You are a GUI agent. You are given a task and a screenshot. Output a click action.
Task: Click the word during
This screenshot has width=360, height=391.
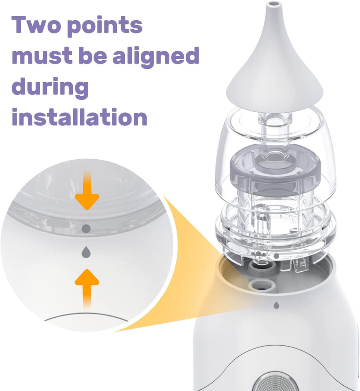50,86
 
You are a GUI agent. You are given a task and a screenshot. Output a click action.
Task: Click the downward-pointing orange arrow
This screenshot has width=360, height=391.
87,191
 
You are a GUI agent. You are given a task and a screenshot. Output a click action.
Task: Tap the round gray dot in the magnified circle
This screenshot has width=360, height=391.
86,229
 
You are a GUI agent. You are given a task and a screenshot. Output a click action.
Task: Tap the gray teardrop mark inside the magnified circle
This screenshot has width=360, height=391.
86,252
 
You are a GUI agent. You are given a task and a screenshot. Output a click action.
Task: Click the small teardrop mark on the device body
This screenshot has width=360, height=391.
277,304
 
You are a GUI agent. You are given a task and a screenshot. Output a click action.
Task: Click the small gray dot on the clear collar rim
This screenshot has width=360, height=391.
277,256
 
